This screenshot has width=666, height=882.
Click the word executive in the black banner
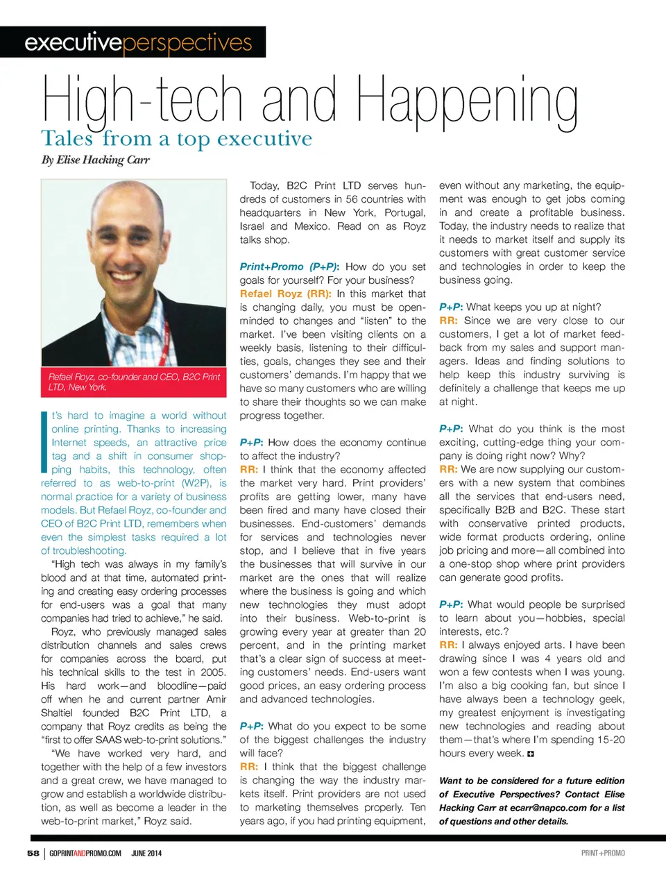pos(73,42)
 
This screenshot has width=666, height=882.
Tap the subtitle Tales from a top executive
pos(176,139)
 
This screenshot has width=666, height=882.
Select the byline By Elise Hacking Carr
pos(95,160)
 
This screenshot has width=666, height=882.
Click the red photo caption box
pos(134,382)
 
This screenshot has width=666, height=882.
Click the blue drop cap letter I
pos(44,441)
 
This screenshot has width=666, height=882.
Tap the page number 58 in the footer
pos(33,853)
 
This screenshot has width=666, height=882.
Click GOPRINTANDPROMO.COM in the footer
pos(85,853)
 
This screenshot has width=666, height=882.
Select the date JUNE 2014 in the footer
pos(146,853)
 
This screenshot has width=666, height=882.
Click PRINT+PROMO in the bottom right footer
pos(603,853)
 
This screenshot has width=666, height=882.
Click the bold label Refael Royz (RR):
pos(285,294)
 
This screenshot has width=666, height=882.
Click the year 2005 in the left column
pos(212,672)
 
